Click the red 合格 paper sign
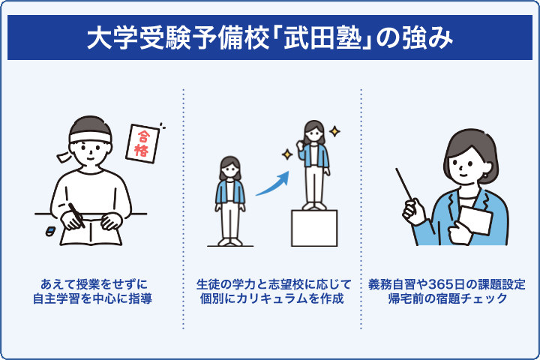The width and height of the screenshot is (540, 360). (x=145, y=142)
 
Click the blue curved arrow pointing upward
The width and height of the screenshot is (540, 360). (x=271, y=184)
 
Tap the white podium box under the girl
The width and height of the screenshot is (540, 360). (x=313, y=228)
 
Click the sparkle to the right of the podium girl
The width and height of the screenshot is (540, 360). (x=334, y=132)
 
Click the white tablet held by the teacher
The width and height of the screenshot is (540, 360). (x=474, y=220)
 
